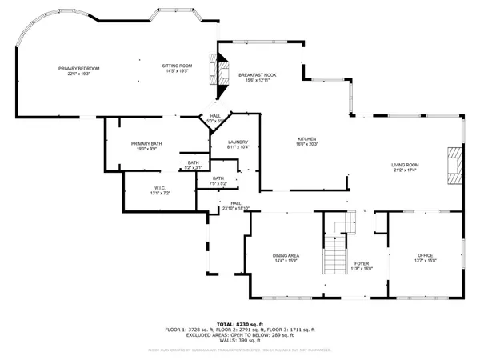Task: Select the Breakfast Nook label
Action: tap(258, 75)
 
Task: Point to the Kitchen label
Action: tap(307, 139)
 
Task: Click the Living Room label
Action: tap(406, 165)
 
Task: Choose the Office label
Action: tap(424, 256)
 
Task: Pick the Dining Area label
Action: tap(286, 256)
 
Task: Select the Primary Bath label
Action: tap(147, 143)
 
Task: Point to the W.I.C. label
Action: tap(146, 189)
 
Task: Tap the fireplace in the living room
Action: tap(454, 166)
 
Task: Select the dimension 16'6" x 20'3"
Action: tap(307, 145)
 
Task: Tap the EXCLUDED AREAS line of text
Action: tap(240, 334)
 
